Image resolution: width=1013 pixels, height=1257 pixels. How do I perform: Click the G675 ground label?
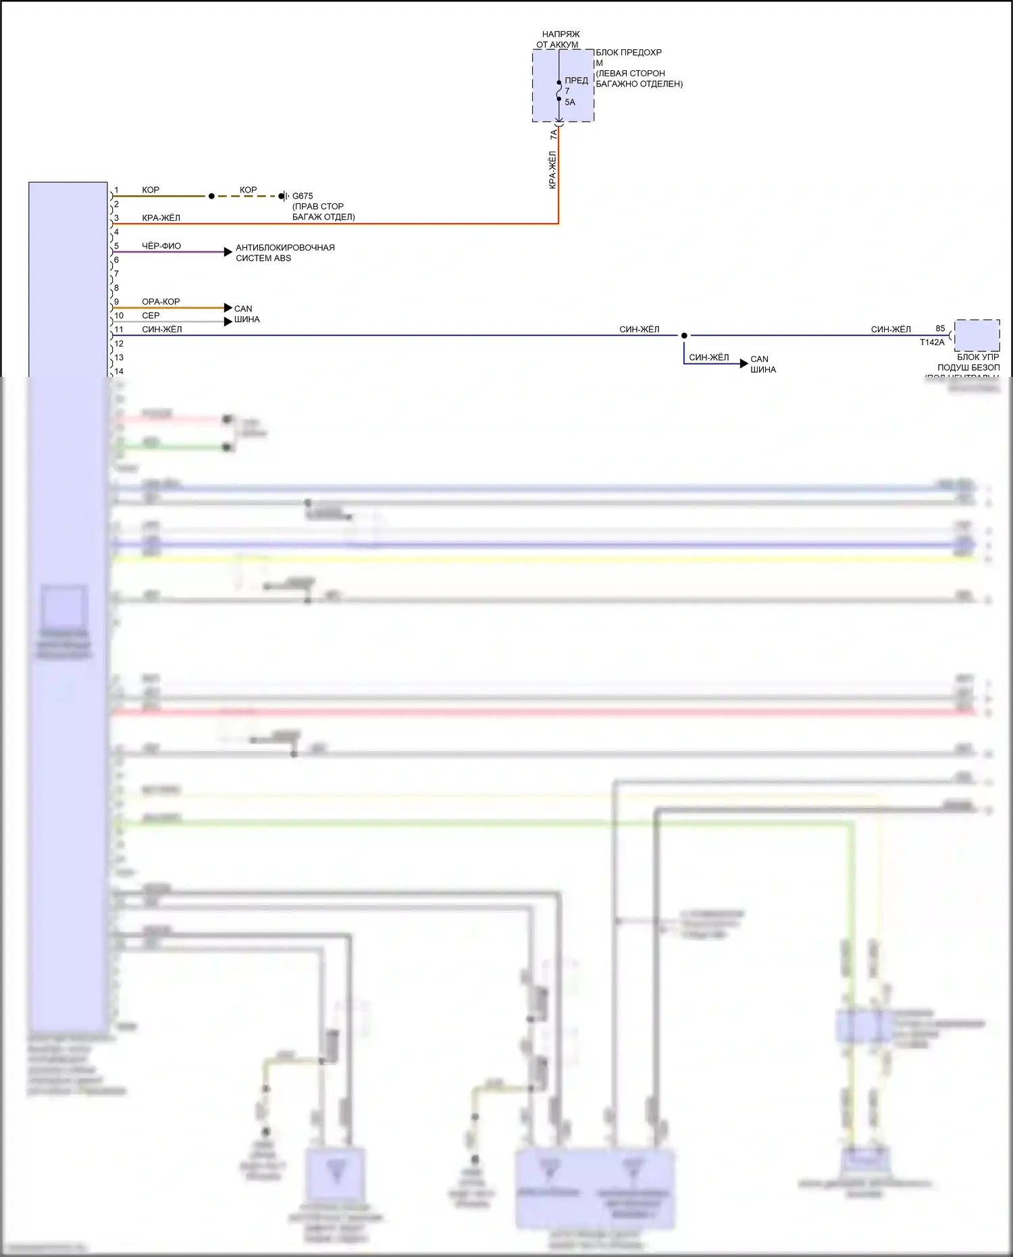coord(302,196)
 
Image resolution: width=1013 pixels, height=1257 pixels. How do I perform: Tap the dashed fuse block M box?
coord(563,86)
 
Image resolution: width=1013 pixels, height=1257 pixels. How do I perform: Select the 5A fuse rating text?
coord(570,103)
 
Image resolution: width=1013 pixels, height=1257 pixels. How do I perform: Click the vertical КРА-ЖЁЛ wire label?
coord(552,170)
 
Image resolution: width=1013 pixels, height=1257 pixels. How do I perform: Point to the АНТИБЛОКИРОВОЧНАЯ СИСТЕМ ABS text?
coord(285,253)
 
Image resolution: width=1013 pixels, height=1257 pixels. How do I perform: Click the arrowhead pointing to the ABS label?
coord(228,252)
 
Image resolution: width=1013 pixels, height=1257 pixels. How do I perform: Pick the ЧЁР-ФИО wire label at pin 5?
coord(161,246)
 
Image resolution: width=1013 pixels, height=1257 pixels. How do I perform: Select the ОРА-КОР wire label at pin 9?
coord(161,302)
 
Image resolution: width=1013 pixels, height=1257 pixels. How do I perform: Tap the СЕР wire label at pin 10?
coord(151,315)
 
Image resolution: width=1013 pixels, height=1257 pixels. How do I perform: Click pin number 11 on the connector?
coord(119,330)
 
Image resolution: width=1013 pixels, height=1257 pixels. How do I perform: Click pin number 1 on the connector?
coord(116,190)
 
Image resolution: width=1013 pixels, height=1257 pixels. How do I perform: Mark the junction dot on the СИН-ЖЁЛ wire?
coord(684,336)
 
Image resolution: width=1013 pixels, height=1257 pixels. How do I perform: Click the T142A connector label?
coord(932,342)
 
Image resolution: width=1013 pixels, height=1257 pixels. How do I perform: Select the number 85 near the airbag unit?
coord(940,328)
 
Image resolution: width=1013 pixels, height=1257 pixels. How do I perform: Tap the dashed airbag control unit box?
coord(977,335)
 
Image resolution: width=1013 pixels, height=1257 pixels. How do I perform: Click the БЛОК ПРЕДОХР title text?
coord(628,53)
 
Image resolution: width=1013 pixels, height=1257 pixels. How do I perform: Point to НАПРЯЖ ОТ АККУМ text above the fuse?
coord(559,39)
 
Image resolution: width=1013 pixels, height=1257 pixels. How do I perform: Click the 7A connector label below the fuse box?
coord(554,135)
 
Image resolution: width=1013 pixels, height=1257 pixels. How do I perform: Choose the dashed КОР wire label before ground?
coord(248,190)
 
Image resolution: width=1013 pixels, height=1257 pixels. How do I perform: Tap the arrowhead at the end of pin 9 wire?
coord(228,308)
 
